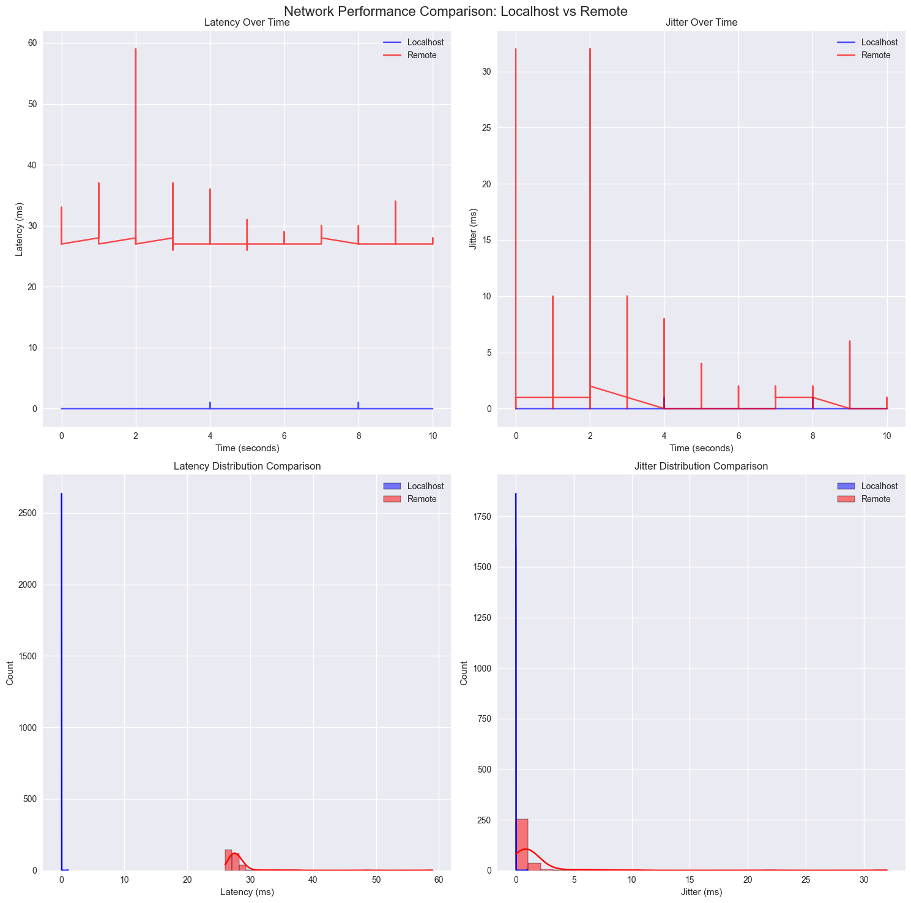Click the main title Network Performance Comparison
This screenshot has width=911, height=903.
tap(456, 10)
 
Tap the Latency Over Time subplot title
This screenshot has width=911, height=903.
tap(246, 23)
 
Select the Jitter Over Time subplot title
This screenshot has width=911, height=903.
tap(701, 23)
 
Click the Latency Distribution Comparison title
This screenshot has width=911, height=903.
tap(246, 466)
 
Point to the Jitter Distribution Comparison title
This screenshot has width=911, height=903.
tap(701, 466)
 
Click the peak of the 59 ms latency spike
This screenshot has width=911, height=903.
tap(136, 49)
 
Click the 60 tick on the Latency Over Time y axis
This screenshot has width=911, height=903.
tap(32, 43)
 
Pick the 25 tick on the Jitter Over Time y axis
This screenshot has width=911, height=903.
tap(485, 128)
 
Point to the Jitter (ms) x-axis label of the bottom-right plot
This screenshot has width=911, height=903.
tap(701, 893)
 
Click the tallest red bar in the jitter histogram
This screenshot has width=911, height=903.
tap(522, 844)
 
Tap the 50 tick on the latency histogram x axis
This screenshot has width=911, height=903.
tap(376, 880)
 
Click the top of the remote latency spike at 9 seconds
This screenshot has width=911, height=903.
tap(395, 201)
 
